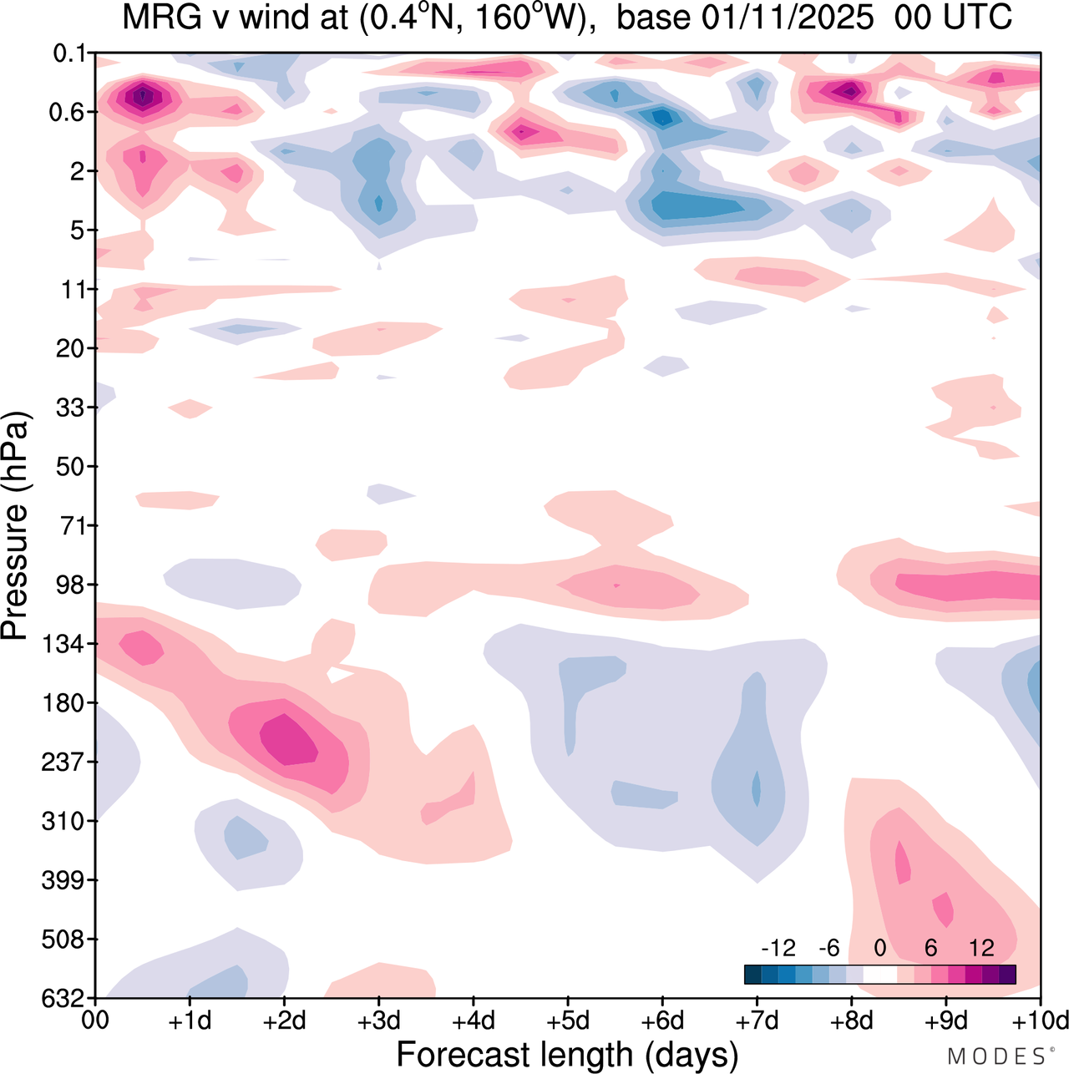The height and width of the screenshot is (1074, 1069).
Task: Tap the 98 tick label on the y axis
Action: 71,585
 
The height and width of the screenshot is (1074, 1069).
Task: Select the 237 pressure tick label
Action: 64,762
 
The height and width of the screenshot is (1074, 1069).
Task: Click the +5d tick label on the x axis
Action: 567,1021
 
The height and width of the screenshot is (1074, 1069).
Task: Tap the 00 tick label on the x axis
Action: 96,1021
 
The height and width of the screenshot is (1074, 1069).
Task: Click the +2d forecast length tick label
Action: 284,1021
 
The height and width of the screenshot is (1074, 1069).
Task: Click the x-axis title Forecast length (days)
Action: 567,1054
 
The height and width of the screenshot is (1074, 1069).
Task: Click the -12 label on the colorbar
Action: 778,948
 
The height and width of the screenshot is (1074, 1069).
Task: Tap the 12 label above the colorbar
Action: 982,948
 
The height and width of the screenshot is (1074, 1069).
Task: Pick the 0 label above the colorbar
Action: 879,948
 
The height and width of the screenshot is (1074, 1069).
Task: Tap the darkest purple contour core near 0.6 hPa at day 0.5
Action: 143,97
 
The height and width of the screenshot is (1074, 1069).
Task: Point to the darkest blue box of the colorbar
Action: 752,974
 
